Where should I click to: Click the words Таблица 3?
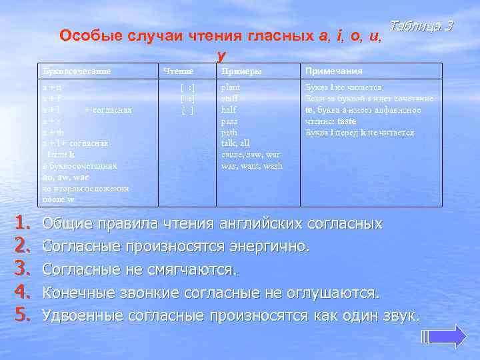tap(421, 26)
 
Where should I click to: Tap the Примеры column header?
tap(241, 71)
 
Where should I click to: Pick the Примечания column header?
tap(334, 71)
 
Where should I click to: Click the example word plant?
tap(231, 87)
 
